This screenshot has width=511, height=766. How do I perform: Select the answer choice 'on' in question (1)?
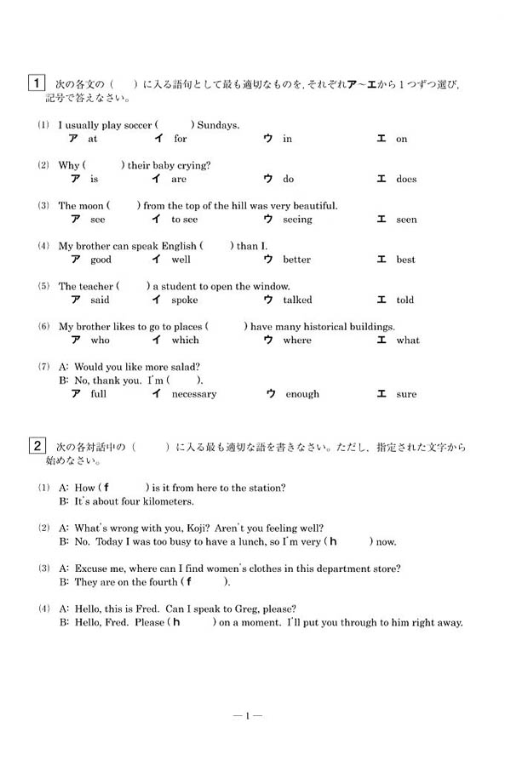401,139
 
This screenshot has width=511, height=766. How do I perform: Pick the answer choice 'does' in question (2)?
406,179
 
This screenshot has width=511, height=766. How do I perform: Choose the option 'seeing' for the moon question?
297,220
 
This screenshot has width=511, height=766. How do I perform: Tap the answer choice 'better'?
296,260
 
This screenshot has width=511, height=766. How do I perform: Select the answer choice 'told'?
405,300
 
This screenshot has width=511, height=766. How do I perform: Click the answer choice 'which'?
185,340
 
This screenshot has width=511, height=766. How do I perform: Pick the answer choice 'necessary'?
193,394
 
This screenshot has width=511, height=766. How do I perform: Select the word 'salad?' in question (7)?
184,367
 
